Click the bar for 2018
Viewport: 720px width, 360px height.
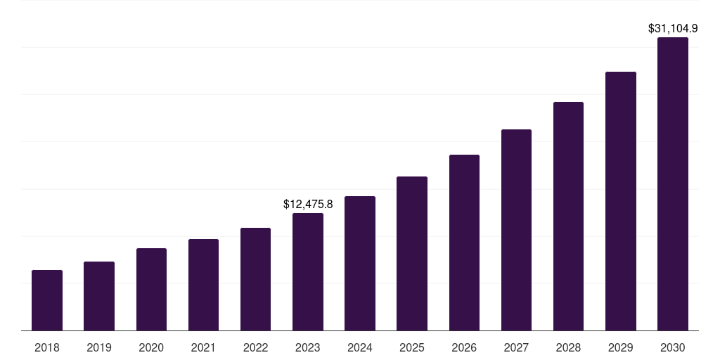[47, 300]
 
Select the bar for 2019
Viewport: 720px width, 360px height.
[99, 296]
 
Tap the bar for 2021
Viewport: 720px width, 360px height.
[203, 285]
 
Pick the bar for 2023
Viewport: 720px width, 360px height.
[308, 272]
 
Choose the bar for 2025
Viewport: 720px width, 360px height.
[412, 254]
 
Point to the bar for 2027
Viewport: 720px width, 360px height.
[516, 230]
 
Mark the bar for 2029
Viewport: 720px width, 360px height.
[621, 201]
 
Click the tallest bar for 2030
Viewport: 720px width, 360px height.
[673, 184]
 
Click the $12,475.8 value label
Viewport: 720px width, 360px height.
[308, 204]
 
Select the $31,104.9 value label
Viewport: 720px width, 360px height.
[673, 29]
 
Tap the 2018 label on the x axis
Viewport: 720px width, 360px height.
[47, 347]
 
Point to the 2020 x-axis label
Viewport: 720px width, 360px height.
[151, 347]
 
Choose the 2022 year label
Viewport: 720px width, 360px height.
[255, 347]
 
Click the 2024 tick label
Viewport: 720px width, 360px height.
[360, 347]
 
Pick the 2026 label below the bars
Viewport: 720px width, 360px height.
[464, 347]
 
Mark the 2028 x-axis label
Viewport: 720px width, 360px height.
[568, 347]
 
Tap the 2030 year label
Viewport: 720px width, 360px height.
[673, 347]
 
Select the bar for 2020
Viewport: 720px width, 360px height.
[151, 290]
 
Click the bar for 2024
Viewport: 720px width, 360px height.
[360, 264]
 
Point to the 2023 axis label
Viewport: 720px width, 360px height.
[308, 347]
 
